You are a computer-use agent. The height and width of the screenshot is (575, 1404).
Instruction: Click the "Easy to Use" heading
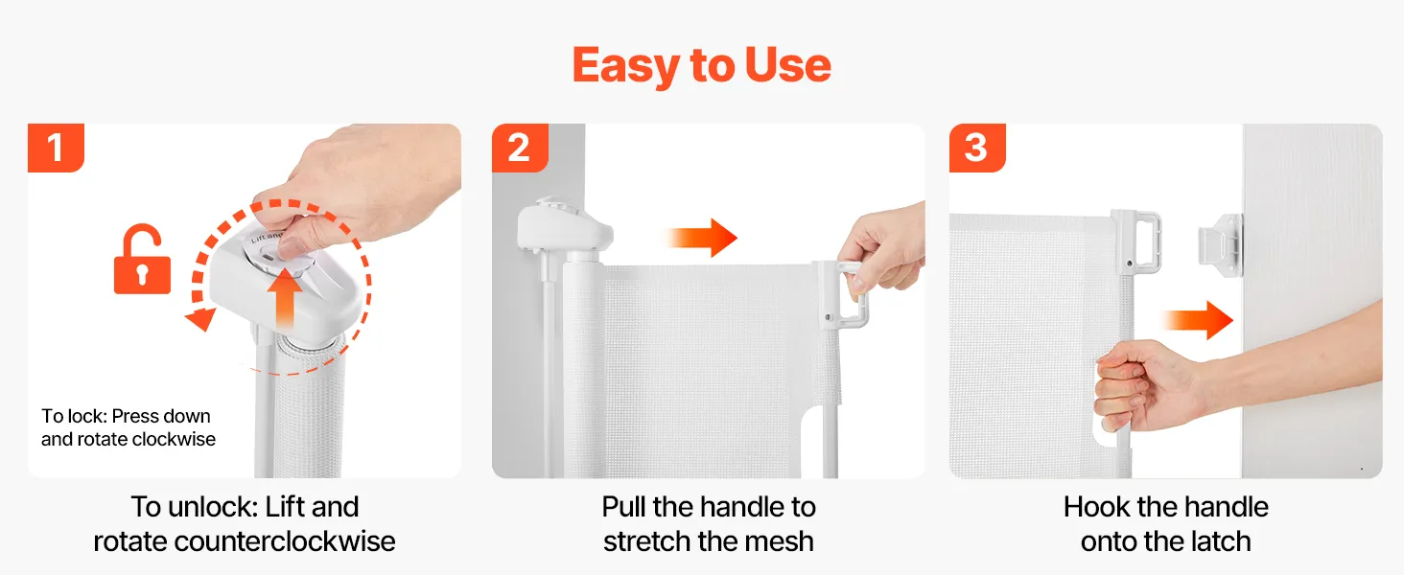pos(701,66)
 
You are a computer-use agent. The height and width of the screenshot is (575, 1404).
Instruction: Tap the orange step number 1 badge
pos(56,148)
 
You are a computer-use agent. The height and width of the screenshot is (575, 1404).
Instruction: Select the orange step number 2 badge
pos(520,148)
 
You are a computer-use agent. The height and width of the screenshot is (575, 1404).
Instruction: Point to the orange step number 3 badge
pos(977,148)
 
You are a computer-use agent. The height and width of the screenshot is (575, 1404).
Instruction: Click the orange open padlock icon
pos(142,259)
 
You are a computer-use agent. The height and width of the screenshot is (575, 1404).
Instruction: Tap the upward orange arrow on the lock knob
pos(285,298)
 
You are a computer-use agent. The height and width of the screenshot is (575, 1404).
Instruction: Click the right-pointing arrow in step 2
pos(702,238)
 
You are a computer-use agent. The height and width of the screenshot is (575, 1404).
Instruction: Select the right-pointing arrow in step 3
pos(1198,320)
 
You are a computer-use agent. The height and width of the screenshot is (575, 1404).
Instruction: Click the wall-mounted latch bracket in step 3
pos(1221,245)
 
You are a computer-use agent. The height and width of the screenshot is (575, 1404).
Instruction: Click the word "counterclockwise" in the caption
pos(285,541)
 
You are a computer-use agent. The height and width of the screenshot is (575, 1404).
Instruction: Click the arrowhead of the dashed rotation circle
pos(200,319)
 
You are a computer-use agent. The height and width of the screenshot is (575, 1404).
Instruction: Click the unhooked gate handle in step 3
pos(1136,241)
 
